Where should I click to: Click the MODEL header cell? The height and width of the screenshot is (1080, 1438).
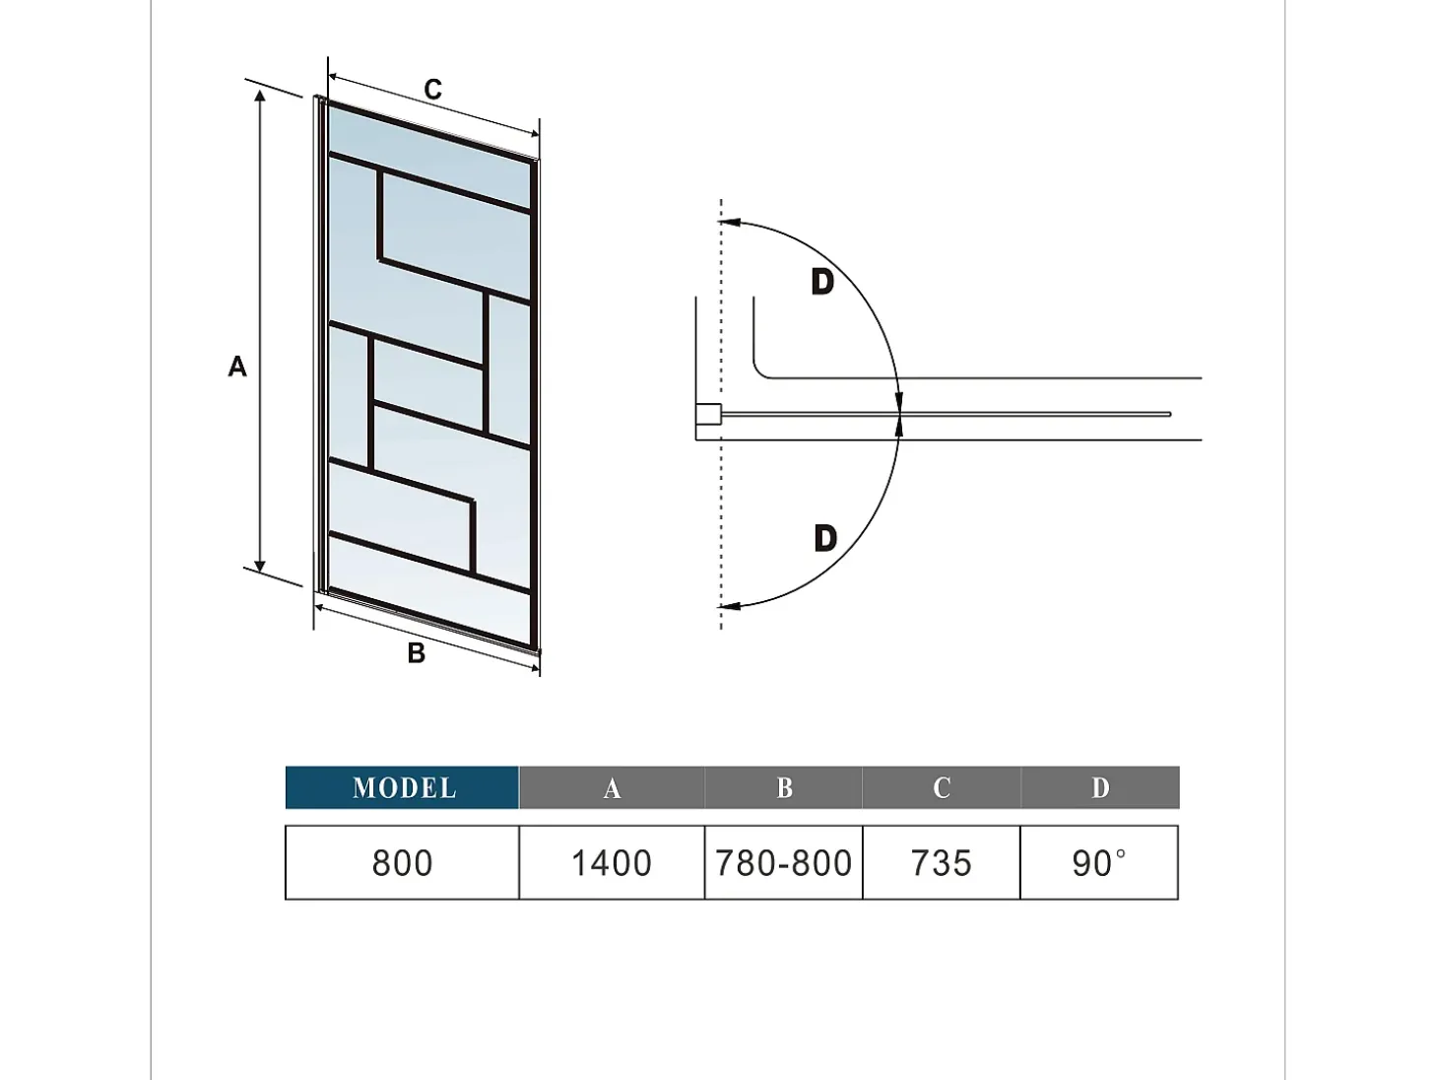click(x=402, y=787)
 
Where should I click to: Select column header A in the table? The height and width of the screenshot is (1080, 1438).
click(x=612, y=787)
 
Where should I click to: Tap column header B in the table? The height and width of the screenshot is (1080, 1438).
click(x=784, y=787)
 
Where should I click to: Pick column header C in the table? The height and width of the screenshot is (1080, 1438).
click(x=942, y=787)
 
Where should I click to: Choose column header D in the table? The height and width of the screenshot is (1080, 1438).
click(x=1100, y=787)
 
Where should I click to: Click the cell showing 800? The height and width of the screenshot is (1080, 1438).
click(x=402, y=862)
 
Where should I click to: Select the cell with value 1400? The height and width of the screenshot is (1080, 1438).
click(x=612, y=862)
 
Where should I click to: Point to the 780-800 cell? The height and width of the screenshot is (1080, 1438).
click(x=784, y=862)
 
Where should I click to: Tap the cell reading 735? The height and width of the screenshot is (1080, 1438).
click(x=942, y=862)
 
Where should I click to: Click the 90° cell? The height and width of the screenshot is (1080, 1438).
click(x=1099, y=862)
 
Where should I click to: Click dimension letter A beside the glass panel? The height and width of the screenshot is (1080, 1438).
click(x=237, y=367)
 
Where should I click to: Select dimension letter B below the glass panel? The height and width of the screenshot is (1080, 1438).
click(x=416, y=652)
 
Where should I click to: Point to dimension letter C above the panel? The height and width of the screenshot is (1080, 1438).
click(x=432, y=89)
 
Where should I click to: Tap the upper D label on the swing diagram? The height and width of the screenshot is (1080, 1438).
click(x=822, y=282)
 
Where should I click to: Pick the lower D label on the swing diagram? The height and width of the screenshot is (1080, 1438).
click(x=825, y=539)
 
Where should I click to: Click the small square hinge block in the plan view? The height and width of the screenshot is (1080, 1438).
click(x=708, y=415)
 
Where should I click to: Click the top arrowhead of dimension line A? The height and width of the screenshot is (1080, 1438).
click(x=260, y=97)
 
